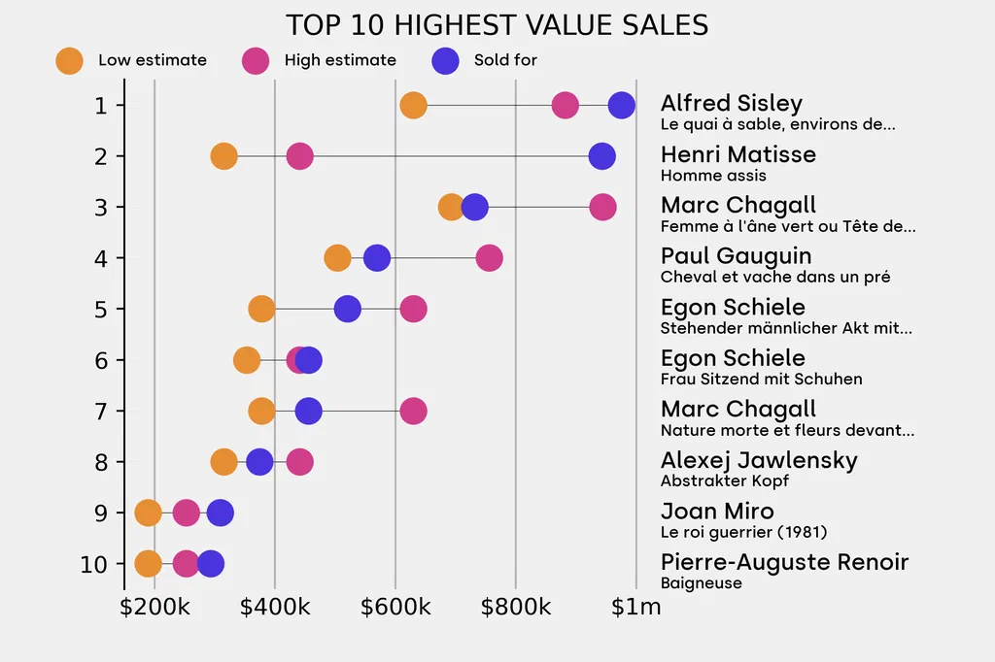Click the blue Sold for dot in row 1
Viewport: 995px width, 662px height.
click(x=621, y=105)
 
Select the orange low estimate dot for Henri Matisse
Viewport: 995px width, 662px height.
click(x=223, y=156)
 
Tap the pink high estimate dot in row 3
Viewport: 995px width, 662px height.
click(x=602, y=207)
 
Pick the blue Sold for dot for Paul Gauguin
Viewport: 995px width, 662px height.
click(x=377, y=258)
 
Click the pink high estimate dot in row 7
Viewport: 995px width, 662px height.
click(x=413, y=411)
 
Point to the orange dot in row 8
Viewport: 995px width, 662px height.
click(x=223, y=461)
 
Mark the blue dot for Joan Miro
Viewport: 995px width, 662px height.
click(x=221, y=513)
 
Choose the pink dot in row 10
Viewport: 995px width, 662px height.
click(x=187, y=563)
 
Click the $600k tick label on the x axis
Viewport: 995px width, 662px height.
click(x=395, y=608)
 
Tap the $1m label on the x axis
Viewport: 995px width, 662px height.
click(x=636, y=608)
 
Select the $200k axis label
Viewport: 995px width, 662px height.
click(x=155, y=608)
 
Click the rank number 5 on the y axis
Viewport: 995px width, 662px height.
click(x=101, y=309)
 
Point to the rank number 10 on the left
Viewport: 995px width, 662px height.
click(x=94, y=563)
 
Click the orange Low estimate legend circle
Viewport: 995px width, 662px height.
click(x=69, y=60)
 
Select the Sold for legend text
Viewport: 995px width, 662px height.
click(x=505, y=60)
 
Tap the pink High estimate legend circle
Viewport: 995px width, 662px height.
click(x=256, y=60)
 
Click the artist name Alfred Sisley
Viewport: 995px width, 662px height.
click(x=732, y=103)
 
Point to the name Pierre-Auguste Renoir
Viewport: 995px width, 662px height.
click(x=784, y=562)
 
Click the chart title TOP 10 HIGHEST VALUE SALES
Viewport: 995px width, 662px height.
click(x=497, y=24)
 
